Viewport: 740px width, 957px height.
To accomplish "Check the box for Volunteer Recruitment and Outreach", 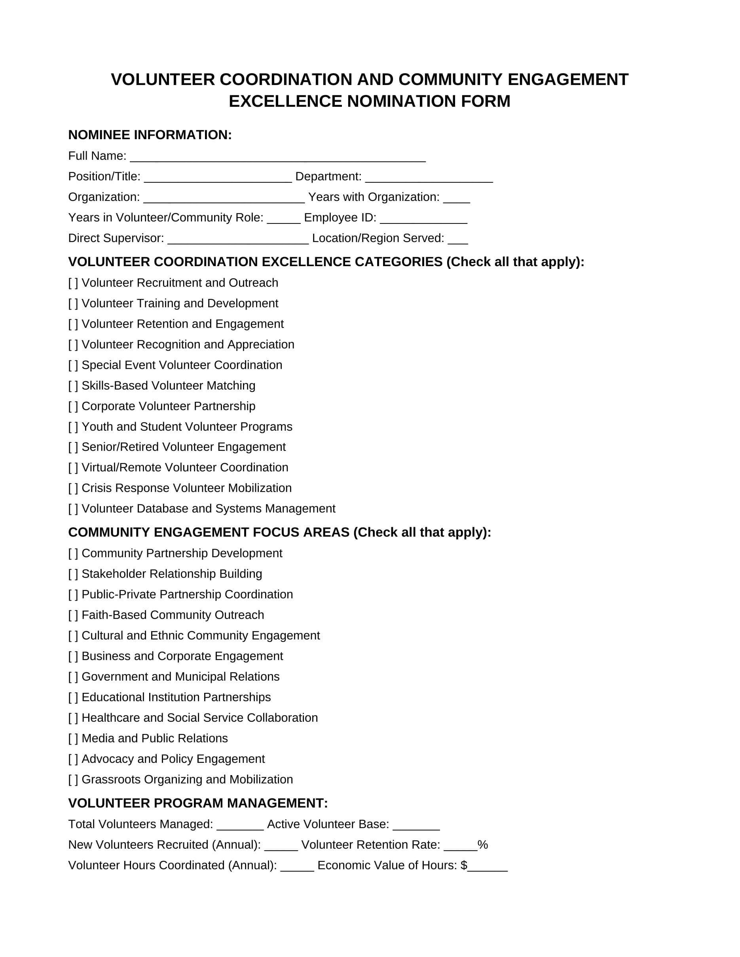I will [x=73, y=283].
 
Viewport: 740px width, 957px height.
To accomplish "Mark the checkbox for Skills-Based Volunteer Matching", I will [x=73, y=386].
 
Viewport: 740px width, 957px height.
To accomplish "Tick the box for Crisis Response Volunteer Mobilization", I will [x=73, y=488].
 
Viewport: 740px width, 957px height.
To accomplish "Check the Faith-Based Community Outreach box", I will [x=73, y=615].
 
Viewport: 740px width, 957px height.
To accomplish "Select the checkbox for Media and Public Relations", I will [x=73, y=738].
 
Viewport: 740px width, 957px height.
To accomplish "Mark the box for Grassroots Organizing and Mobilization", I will [x=73, y=779].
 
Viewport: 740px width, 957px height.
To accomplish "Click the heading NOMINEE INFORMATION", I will [x=150, y=135].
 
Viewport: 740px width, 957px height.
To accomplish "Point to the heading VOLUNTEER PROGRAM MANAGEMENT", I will [x=198, y=803].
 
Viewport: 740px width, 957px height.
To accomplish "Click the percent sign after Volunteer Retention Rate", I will [x=483, y=845].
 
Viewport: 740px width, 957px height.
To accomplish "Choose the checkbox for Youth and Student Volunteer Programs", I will [x=73, y=427].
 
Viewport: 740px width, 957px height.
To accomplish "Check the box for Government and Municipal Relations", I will [x=73, y=677].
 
